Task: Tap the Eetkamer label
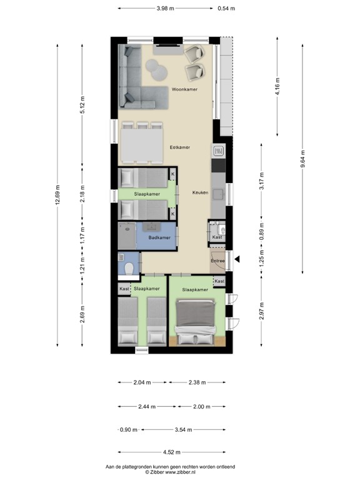179,147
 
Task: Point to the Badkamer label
159,238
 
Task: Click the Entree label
217,261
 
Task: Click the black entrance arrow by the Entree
236,259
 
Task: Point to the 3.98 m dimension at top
165,8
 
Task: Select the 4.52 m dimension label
171,452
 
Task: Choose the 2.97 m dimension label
261,309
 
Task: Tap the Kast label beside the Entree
217,237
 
